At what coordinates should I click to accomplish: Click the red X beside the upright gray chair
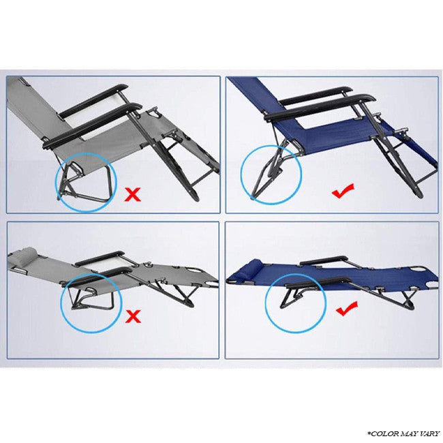tap(132, 195)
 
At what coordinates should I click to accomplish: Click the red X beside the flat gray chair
tap(133, 316)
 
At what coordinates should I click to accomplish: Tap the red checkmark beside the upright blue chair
tap(343, 191)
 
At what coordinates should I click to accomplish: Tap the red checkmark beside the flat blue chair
tap(347, 309)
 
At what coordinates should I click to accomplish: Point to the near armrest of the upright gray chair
tap(92, 125)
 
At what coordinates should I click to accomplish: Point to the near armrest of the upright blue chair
tap(320, 108)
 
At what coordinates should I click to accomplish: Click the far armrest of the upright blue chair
tap(316, 95)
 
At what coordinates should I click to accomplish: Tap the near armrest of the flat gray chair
tap(98, 276)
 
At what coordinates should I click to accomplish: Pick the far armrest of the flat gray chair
tap(100, 258)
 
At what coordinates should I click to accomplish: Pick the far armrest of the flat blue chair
tap(324, 260)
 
